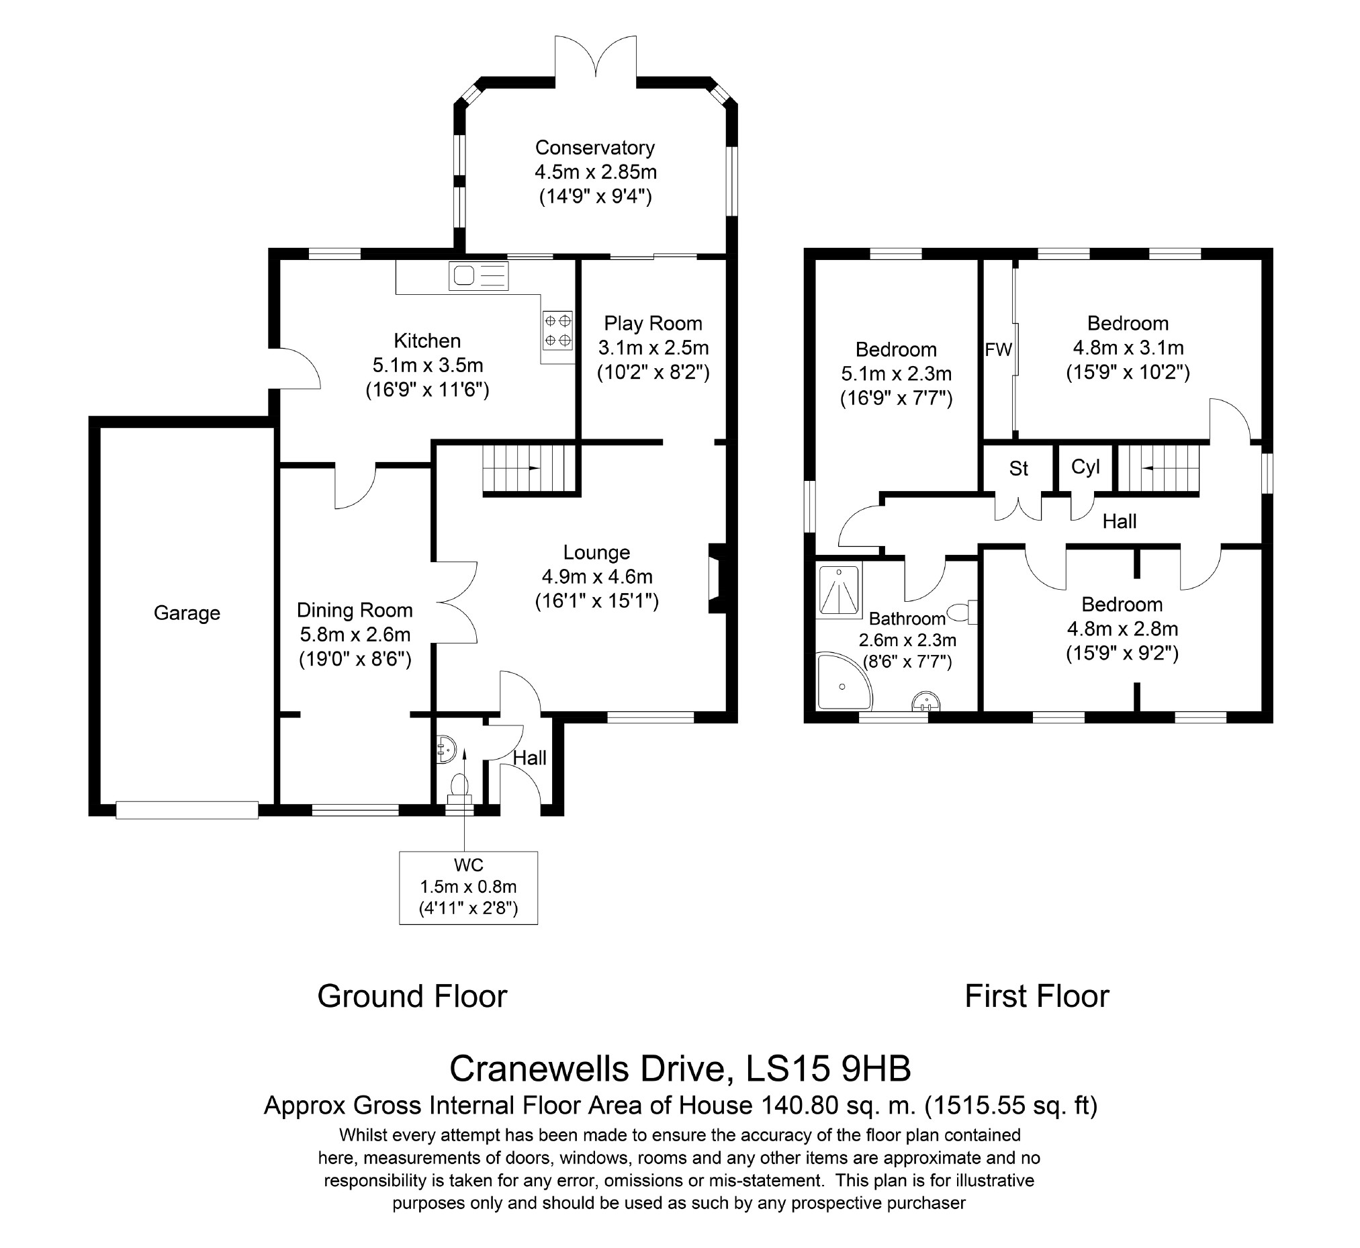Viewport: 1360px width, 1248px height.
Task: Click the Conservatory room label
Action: [x=595, y=147]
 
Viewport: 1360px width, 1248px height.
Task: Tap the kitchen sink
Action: [x=478, y=275]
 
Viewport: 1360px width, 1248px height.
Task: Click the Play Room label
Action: [x=653, y=324]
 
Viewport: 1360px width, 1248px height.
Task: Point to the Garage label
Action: [x=187, y=613]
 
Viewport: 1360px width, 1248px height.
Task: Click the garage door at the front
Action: [x=187, y=809]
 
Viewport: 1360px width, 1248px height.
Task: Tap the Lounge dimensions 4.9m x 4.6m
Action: [x=597, y=577]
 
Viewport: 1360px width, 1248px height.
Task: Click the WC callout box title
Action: [x=469, y=865]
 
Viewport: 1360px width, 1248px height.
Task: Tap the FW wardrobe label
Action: [x=998, y=349]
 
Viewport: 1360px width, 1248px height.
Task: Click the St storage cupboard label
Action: [x=1018, y=468]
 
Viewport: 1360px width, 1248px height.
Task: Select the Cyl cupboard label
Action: [x=1085, y=467]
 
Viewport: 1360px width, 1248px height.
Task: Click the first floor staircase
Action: [x=1159, y=468]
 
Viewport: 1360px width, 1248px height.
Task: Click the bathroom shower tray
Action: [x=840, y=591]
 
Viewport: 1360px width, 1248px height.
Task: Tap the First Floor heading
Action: [x=1036, y=996]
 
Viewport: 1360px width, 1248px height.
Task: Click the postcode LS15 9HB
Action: [x=828, y=1069]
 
